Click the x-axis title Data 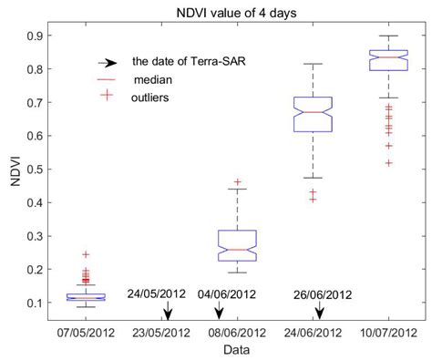click(241, 350)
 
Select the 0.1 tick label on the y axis click(45, 303)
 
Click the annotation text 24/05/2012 click(158, 293)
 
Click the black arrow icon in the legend click(108, 63)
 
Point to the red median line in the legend click(108, 79)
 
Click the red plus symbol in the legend click(108, 96)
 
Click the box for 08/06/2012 click(240, 245)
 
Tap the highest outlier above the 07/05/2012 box click(111, 255)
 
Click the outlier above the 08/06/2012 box click(240, 182)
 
